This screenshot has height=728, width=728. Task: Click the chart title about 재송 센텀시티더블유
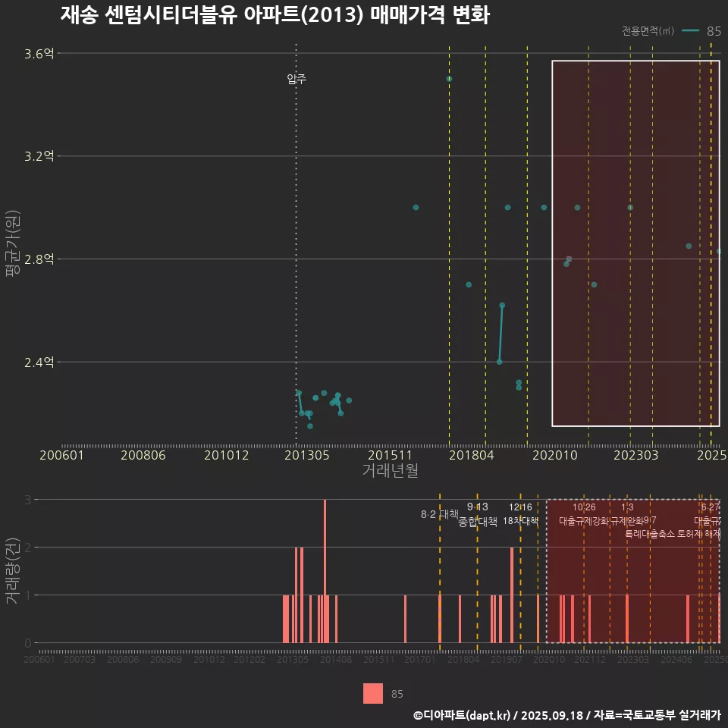click(x=275, y=15)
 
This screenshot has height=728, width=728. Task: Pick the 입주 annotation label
click(x=297, y=79)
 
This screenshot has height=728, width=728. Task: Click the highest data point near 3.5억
click(x=449, y=79)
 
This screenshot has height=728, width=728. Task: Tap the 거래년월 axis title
click(x=390, y=471)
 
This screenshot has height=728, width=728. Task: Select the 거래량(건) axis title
click(x=12, y=571)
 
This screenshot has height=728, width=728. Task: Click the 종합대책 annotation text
click(x=478, y=522)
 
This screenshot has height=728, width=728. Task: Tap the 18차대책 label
click(x=520, y=521)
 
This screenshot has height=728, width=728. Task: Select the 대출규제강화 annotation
click(x=584, y=521)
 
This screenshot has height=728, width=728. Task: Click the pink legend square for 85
click(x=373, y=694)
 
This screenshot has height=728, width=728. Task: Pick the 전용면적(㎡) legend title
click(x=648, y=31)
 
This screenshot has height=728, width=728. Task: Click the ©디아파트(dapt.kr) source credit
click(x=463, y=715)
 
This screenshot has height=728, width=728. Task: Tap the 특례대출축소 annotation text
click(x=650, y=534)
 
